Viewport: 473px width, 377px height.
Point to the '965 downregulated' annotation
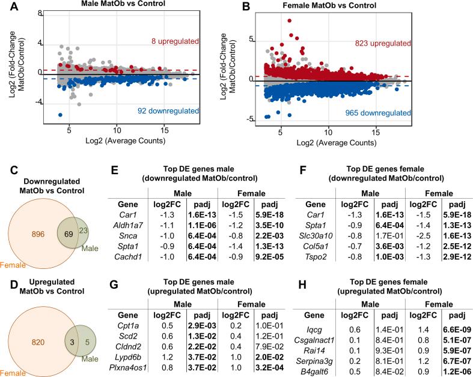(x=377, y=112)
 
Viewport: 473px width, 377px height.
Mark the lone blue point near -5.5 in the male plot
(x=60, y=115)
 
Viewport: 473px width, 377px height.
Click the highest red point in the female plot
(x=290, y=20)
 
